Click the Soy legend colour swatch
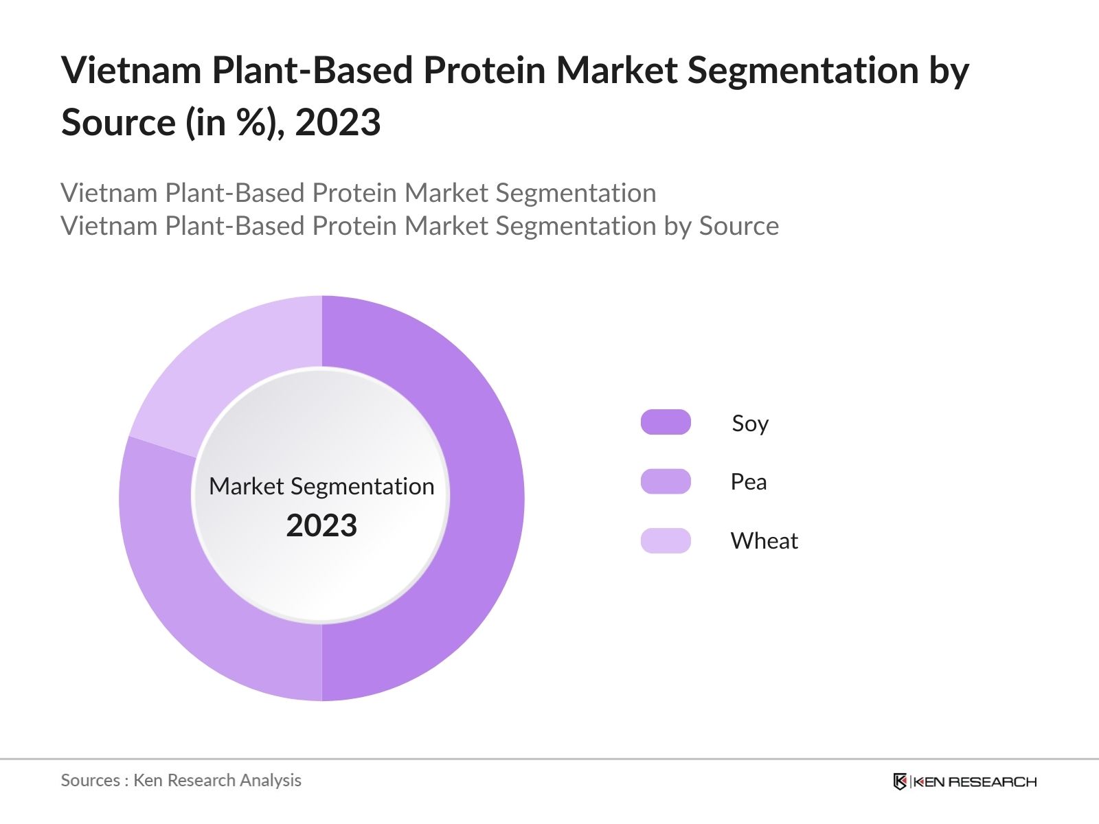[666, 422]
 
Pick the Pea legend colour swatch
[666, 481]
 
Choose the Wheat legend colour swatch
[666, 540]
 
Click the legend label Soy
[750, 423]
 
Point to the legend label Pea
[749, 482]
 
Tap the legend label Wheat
[764, 541]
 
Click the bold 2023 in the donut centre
[321, 526]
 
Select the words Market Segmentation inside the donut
[321, 486]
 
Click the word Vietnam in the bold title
[131, 70]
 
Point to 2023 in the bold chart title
[338, 123]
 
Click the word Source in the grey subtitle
[739, 226]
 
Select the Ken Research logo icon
[900, 781]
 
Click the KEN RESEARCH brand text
[975, 781]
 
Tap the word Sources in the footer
[91, 780]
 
